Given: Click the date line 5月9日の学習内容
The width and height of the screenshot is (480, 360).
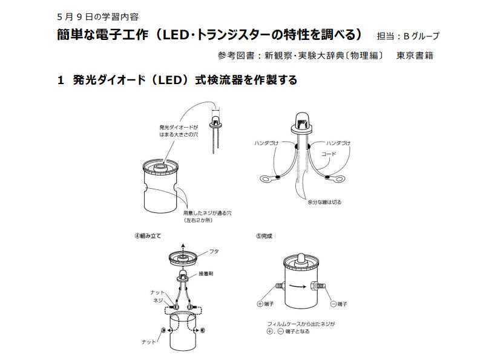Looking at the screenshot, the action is pyautogui.click(x=98, y=17).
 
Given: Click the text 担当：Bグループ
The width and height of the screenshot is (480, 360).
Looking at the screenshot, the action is pyautogui.click(x=408, y=36).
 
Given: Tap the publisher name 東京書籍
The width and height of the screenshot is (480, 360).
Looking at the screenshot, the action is pyautogui.click(x=415, y=56).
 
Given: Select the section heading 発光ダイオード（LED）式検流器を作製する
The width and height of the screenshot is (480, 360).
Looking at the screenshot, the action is pyautogui.click(x=185, y=80).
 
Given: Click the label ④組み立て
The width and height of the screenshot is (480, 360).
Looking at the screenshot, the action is pyautogui.click(x=148, y=236).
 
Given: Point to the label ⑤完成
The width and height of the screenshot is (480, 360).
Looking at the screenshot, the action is pyautogui.click(x=264, y=236).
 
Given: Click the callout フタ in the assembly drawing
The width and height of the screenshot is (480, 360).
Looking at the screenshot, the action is pyautogui.click(x=214, y=251).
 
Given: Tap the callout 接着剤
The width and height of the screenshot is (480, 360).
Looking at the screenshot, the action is pyautogui.click(x=206, y=273).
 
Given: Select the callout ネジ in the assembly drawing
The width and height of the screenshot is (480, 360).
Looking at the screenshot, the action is pyautogui.click(x=158, y=301).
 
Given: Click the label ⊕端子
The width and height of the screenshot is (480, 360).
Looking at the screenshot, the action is pyautogui.click(x=265, y=304).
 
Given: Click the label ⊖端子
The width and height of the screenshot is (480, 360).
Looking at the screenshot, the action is pyautogui.click(x=338, y=304).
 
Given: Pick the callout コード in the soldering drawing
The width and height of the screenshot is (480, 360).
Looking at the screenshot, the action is pyautogui.click(x=329, y=154).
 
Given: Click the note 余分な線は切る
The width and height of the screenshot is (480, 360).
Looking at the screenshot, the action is pyautogui.click(x=324, y=202).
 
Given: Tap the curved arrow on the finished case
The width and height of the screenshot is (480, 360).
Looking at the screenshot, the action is pyautogui.click(x=298, y=286).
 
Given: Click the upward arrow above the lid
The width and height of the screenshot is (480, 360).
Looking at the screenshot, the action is pyautogui.click(x=183, y=249).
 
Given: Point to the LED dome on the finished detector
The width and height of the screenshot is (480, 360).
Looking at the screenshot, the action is pyautogui.click(x=301, y=258).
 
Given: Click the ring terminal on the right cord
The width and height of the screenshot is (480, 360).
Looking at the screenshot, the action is pyautogui.click(x=337, y=178).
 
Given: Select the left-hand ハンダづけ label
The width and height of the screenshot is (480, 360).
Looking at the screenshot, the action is pyautogui.click(x=266, y=143).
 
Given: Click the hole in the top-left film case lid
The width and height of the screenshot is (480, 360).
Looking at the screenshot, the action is pyautogui.click(x=160, y=166).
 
